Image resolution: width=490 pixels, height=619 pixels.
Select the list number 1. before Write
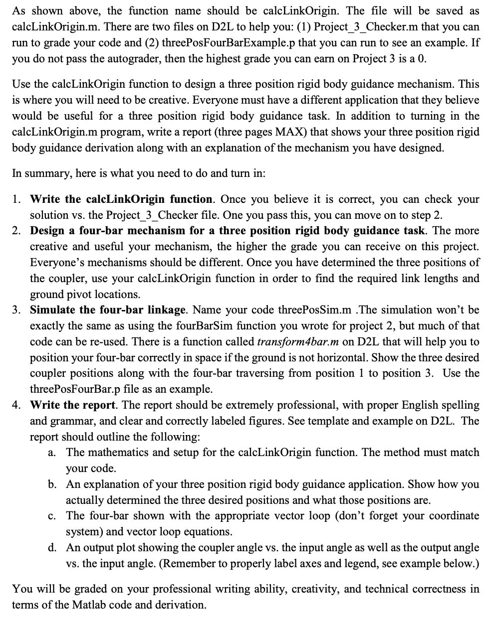[x=16, y=199]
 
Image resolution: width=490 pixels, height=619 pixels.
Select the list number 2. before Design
[x=16, y=231]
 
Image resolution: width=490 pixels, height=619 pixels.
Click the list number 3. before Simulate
[x=16, y=310]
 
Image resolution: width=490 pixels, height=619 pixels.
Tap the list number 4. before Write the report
[x=16, y=405]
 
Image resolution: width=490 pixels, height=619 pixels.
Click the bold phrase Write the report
[x=74, y=405]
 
